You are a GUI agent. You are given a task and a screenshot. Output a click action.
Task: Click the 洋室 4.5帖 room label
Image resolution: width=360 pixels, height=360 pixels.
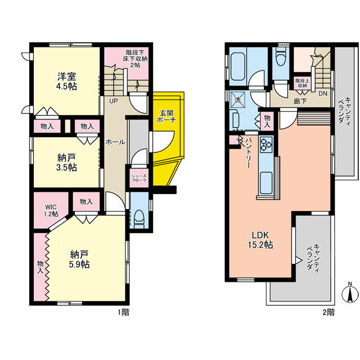coord(66,82)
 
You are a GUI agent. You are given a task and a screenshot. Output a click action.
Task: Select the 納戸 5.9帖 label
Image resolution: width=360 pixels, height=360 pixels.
coord(79,260)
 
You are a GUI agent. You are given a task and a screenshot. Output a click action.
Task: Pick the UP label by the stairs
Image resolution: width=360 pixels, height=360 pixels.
coord(113,102)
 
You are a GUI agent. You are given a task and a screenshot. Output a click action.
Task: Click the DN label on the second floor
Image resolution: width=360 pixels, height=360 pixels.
coord(323,94)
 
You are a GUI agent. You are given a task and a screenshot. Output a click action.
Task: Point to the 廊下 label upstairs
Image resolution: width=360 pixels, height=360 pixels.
coord(300,102)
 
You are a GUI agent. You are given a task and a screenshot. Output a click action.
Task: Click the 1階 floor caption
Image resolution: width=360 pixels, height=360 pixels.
coord(123,312)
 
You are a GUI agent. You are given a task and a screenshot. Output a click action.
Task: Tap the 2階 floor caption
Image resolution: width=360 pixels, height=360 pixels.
coord(328,312)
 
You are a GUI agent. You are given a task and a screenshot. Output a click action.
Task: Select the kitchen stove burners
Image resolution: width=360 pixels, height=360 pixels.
coord(265,147)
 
